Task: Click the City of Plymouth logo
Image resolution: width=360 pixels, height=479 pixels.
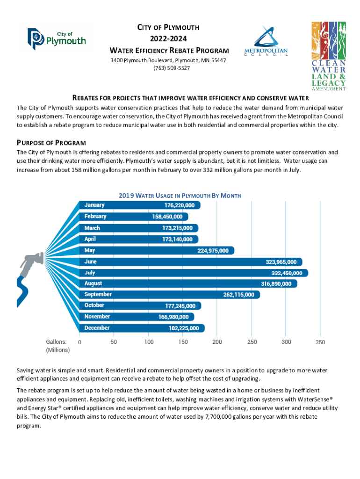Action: (x=57, y=37)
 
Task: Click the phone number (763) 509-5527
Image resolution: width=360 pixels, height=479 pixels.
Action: (x=172, y=68)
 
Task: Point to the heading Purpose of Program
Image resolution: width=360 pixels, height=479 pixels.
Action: (x=51, y=143)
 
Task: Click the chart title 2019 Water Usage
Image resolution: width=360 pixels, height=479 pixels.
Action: (x=180, y=195)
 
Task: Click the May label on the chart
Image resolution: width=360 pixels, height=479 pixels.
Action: (x=90, y=250)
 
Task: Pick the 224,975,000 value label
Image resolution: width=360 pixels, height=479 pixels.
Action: (x=213, y=251)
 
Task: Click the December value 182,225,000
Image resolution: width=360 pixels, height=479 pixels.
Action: (x=184, y=328)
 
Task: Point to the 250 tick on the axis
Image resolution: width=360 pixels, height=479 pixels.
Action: (x=252, y=342)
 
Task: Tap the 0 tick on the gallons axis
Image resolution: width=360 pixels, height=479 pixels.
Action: (x=79, y=342)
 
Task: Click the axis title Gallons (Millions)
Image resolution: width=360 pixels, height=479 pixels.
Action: (x=58, y=346)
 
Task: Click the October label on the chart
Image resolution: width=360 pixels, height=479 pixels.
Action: (x=94, y=305)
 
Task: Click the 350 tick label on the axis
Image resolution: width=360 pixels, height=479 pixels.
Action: (x=320, y=342)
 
